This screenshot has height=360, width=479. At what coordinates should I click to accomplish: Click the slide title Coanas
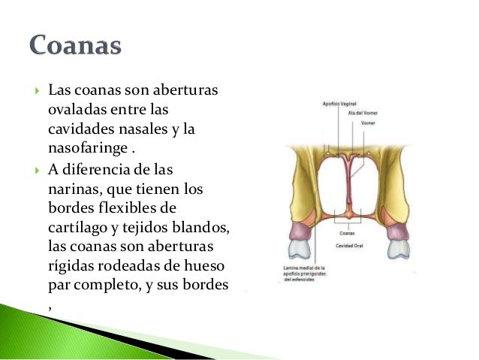pos(76,45)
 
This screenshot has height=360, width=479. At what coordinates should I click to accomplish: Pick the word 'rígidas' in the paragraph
pos(71,266)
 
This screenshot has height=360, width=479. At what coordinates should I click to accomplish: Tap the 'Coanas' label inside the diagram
pos(347,234)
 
